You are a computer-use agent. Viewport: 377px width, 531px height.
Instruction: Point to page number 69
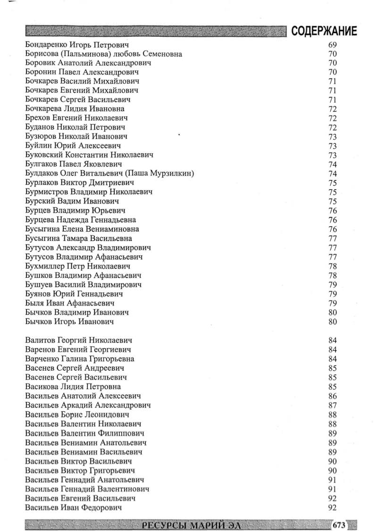pos(332,45)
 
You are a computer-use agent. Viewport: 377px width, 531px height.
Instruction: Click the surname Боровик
pos(42,63)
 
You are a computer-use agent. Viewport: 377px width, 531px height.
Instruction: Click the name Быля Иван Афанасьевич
pos(70,303)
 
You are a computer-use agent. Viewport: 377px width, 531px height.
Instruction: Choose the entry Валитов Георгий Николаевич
pos(78,340)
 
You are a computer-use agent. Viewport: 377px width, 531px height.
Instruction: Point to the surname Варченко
pos(43,358)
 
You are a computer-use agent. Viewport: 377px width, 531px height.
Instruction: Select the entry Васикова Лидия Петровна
pos(73,387)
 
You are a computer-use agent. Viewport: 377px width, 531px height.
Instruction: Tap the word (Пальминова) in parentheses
pos(87,54)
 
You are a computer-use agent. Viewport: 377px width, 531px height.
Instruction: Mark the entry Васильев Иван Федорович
pos(74,507)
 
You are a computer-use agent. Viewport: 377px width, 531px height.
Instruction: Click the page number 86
pos(332,396)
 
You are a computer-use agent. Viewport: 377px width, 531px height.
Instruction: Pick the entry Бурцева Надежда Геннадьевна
pos(80,220)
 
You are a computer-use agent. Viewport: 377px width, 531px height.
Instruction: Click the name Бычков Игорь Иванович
pos(70,322)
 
